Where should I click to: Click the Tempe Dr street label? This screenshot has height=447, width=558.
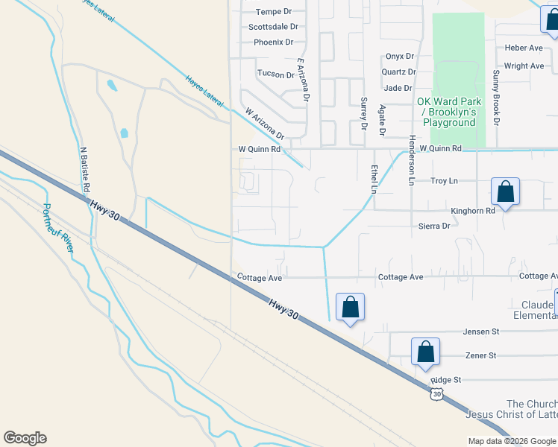[x=273, y=12]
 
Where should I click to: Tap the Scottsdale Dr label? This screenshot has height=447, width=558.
[x=272, y=27]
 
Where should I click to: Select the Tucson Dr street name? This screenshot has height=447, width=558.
[x=275, y=74]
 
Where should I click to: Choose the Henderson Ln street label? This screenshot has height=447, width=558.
[x=410, y=160]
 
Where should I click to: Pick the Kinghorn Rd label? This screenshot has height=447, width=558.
[x=474, y=211]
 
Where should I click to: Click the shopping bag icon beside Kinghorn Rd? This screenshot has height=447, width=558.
[x=506, y=192]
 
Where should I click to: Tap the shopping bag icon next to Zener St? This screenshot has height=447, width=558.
[x=424, y=352]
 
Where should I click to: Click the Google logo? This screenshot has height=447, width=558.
[x=25, y=438]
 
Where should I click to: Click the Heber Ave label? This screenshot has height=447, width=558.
[x=524, y=48]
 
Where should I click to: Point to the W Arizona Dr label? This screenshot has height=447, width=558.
[x=265, y=124]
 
